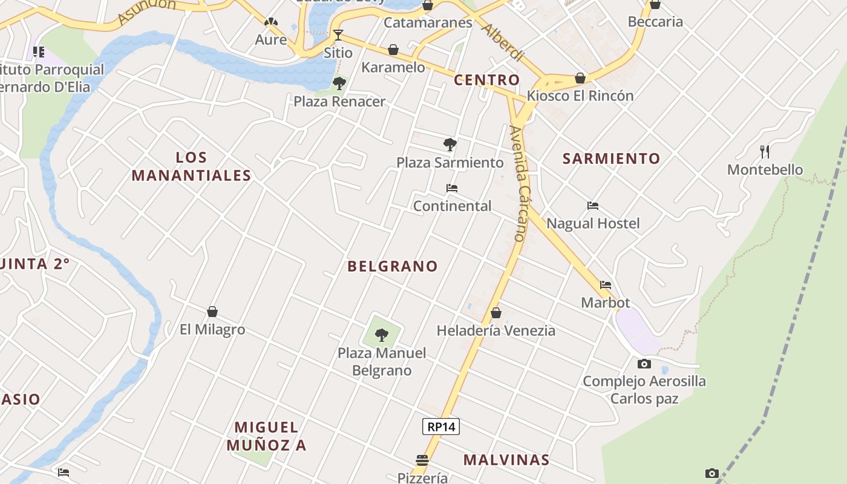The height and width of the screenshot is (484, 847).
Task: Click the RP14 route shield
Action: click(440, 427)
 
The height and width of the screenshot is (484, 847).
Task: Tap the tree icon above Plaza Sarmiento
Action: click(450, 145)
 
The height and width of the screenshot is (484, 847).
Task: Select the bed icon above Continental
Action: click(451, 188)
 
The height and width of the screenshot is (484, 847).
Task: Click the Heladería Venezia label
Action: click(495, 330)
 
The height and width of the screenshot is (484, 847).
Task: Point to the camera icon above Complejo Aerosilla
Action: click(644, 364)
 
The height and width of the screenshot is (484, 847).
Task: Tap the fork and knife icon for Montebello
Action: click(765, 151)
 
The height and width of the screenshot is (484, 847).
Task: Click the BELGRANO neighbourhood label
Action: click(392, 266)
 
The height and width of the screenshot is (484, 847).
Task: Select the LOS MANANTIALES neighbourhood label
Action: click(191, 166)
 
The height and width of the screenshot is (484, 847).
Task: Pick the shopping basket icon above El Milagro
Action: click(212, 312)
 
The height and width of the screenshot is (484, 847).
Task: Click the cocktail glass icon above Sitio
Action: click(338, 34)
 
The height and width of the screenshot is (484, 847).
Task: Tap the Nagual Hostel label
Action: click(593, 223)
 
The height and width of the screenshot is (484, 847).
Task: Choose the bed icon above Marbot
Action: click(606, 284)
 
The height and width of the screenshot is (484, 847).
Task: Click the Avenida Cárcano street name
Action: click(518, 183)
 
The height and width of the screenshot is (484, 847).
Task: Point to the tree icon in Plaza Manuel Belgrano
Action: click(382, 335)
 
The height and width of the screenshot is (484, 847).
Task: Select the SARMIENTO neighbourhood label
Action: click(611, 159)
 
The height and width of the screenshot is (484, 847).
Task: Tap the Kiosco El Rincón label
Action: click(580, 96)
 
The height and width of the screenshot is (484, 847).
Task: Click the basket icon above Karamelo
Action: click(393, 50)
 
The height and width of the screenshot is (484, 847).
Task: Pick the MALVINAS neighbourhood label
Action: click(506, 460)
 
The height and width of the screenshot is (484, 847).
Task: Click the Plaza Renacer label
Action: click(339, 102)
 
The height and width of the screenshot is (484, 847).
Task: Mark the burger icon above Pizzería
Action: click(422, 460)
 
